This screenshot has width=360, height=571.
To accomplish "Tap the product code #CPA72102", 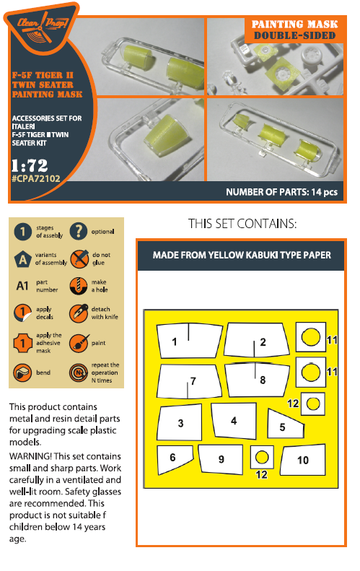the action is point(35,178).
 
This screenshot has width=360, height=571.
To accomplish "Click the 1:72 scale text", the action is point(30,165).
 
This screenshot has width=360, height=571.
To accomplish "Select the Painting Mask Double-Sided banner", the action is point(294,30).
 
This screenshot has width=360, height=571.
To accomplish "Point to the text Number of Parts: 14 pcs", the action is point(281,192).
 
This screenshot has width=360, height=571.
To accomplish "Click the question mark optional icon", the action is point(79,231).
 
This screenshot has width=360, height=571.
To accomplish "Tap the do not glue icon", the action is point(79,259).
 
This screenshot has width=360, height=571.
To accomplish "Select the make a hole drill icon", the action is point(79,286).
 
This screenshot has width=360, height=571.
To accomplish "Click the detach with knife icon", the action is point(79,313).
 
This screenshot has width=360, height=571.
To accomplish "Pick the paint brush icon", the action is point(79,343).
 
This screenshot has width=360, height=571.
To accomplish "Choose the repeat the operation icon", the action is point(79,372).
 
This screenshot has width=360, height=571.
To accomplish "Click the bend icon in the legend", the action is point(22,372).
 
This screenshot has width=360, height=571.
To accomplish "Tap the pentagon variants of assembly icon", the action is point(22,259).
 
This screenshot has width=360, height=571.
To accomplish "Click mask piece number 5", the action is point(286,424).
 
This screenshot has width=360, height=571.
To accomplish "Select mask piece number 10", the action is point(303,460).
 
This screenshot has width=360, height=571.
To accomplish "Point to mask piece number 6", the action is point(174,459).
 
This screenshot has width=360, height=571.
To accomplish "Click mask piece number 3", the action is point(180,422).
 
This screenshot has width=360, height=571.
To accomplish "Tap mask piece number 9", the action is point(221,459).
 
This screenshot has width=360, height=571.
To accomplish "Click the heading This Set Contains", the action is point(242,224).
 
